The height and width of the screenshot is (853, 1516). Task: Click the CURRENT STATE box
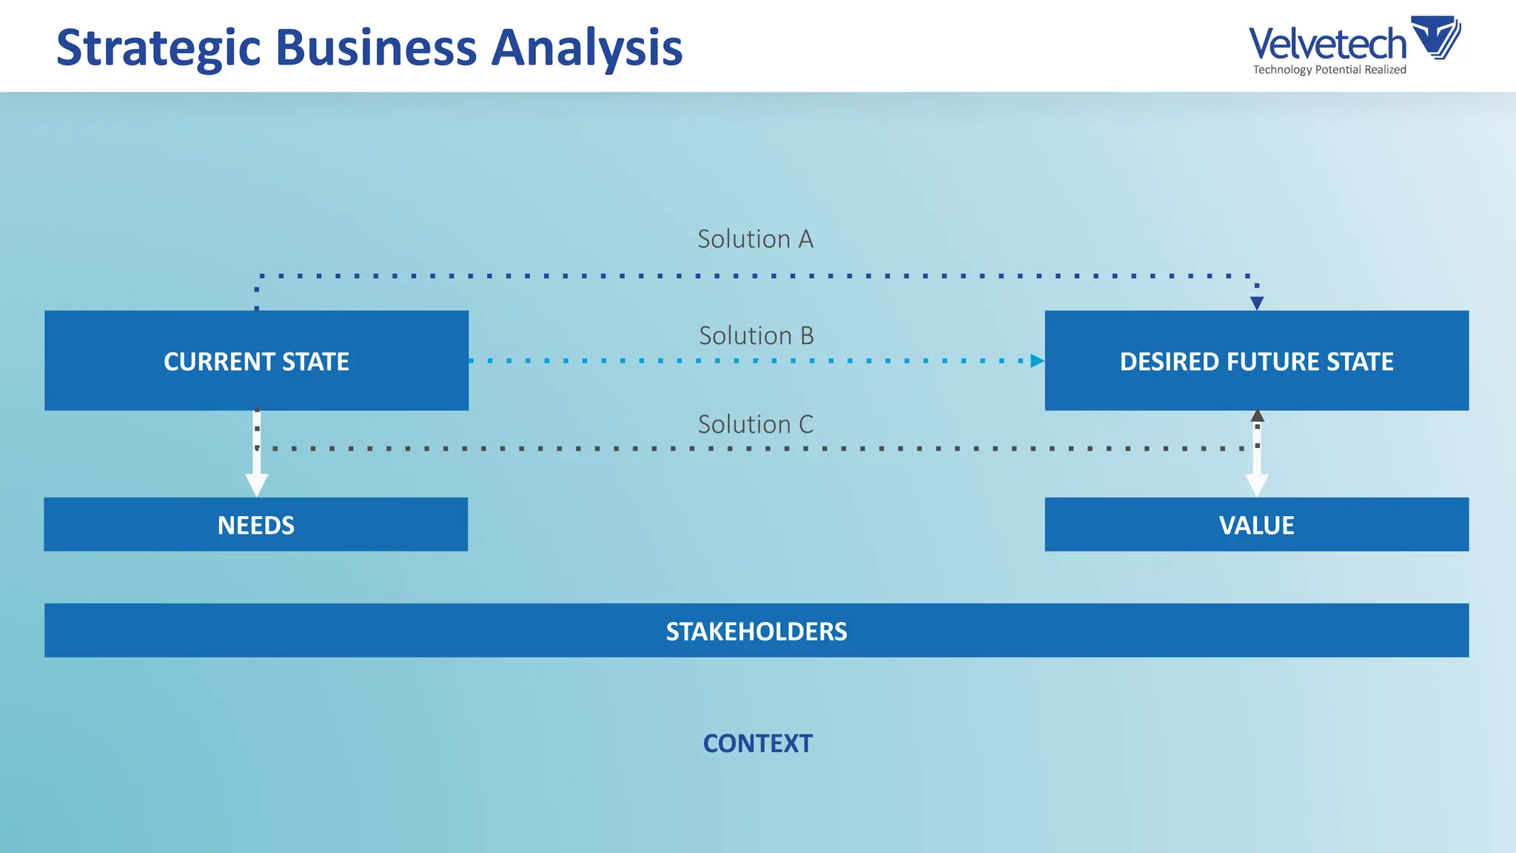click(256, 361)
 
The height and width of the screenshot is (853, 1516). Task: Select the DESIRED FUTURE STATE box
click(1256, 361)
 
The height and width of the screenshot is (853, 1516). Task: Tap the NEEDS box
click(255, 524)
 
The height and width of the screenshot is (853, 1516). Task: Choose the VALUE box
click(1256, 524)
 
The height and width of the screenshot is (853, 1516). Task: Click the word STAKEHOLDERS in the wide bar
click(756, 631)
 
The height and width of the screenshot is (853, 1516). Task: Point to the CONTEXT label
click(757, 743)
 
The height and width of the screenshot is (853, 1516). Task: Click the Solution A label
click(755, 239)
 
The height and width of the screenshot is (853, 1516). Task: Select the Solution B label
click(756, 335)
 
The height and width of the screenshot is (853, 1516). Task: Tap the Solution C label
click(755, 424)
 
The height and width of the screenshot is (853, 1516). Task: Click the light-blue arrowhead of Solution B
click(1037, 361)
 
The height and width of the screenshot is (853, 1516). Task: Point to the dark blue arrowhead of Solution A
click(1256, 303)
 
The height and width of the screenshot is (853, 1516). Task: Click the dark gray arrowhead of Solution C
click(1257, 416)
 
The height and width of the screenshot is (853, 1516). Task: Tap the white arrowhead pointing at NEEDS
click(256, 485)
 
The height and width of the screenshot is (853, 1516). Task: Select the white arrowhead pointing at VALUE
click(1256, 486)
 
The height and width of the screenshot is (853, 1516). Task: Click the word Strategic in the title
click(158, 48)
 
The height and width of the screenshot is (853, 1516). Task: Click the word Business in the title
click(376, 47)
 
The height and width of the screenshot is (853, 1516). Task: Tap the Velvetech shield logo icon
click(1436, 37)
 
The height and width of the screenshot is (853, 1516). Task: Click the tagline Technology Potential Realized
click(1329, 70)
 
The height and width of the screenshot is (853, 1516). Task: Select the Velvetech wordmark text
click(1326, 43)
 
